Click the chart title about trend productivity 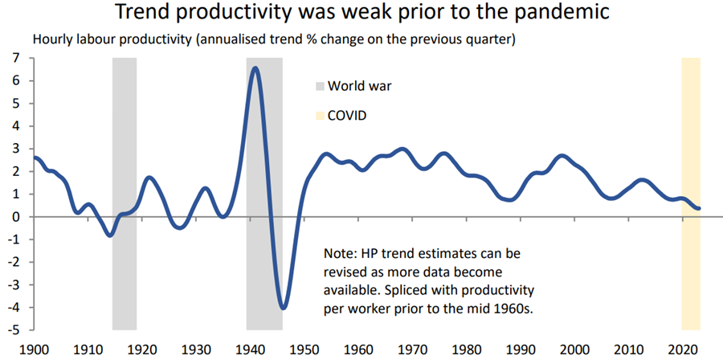click(361, 14)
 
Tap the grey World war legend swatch click(320, 86)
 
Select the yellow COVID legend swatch click(320, 116)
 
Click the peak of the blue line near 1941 click(255, 68)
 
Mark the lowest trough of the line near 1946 click(283, 307)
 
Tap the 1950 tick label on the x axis click(304, 350)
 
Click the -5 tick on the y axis click(13, 329)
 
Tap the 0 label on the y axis click(15, 217)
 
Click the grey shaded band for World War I click(124, 193)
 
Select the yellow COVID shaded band click(690, 193)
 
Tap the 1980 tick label click(467, 350)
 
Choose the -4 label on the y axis click(13, 307)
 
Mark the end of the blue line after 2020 click(699, 208)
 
